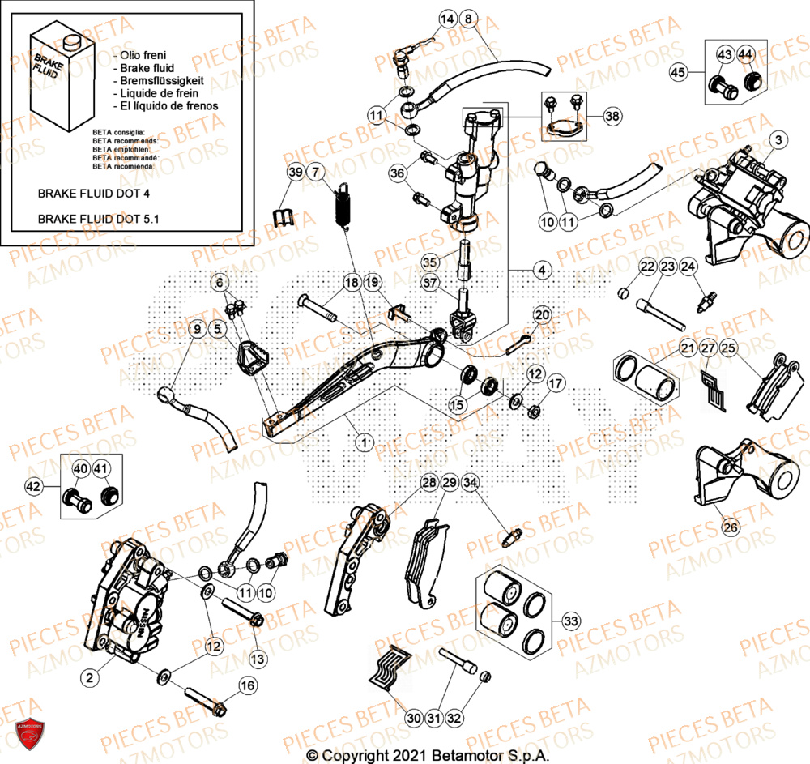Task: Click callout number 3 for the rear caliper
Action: pyautogui.click(x=777, y=141)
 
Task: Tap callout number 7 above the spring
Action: pyautogui.click(x=315, y=172)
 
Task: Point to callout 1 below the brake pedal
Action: pyautogui.click(x=364, y=442)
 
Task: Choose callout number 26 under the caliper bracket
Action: pyautogui.click(x=731, y=527)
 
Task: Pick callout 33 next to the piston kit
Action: pyautogui.click(x=571, y=621)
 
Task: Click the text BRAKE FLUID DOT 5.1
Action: pyautogui.click(x=98, y=219)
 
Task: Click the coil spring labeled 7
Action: pyautogui.click(x=343, y=207)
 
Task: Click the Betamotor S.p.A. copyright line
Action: pyautogui.click(x=428, y=755)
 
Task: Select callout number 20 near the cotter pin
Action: pyautogui.click(x=542, y=315)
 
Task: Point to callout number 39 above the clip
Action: pyautogui.click(x=295, y=172)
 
